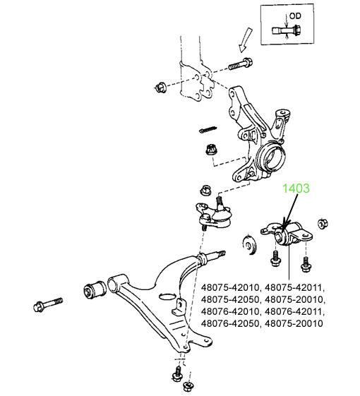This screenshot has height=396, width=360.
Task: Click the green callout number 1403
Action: pos(296,188)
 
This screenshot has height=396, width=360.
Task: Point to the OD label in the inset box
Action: pos(295,16)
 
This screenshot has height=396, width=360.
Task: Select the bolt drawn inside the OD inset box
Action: pos(286,31)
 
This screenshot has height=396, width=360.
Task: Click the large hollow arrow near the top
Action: pos(246,40)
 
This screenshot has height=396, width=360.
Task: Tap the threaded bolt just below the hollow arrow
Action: pos(240,64)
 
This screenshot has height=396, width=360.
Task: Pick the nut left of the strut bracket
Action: pos(160,88)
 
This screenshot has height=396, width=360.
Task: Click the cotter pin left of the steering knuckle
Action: pos(208,130)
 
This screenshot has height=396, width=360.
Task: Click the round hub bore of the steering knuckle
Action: pos(272,157)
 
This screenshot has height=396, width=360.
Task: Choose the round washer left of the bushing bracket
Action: pos(250,245)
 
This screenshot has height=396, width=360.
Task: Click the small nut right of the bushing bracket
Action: pos(323,224)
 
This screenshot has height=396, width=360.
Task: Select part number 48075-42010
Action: pos(230,288)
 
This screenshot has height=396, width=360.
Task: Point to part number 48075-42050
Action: pos(230,300)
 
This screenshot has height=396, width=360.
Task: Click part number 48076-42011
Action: pos(294,312)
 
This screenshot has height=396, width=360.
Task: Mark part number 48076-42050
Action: pos(230,323)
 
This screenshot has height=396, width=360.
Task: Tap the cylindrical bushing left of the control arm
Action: pos(95,290)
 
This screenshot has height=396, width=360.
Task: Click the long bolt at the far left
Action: pos(48,304)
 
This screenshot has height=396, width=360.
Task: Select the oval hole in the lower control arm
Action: pos(168,296)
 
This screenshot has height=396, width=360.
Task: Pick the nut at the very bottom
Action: pos(188,387)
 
